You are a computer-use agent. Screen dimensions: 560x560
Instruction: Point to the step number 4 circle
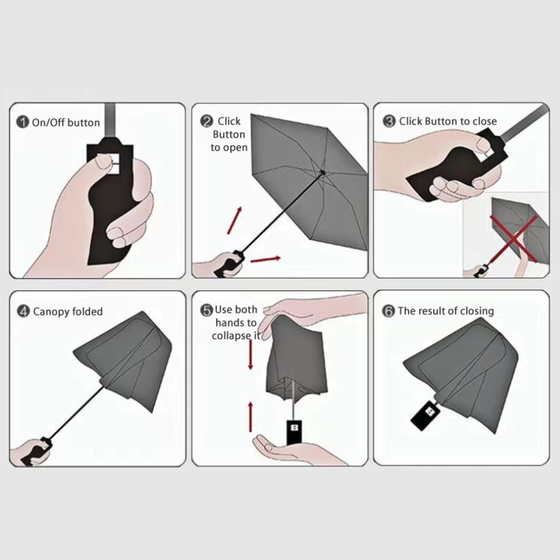tap(23, 311)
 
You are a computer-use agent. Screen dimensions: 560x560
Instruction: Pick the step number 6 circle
tap(388, 311)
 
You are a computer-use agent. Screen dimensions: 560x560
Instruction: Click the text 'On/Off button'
tap(66, 123)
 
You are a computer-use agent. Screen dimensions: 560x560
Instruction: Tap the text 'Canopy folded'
tap(68, 311)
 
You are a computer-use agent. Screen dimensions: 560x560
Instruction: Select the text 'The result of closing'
tap(446, 311)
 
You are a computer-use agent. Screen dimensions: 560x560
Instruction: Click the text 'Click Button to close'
tap(448, 121)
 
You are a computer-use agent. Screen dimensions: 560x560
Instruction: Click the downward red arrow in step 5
tap(251, 355)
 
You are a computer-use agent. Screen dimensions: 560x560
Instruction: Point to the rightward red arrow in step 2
tap(266, 259)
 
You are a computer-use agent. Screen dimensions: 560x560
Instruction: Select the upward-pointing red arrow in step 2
tap(235, 220)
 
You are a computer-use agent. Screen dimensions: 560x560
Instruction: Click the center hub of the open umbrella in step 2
tap(322, 173)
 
